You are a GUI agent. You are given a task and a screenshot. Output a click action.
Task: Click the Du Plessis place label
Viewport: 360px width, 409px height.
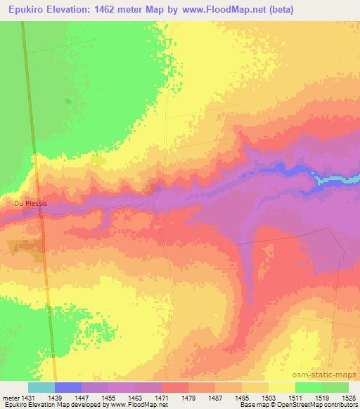point(31,204)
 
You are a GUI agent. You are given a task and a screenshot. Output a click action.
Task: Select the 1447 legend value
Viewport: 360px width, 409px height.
point(82,397)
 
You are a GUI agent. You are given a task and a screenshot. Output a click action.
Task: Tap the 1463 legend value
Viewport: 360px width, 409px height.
point(136,397)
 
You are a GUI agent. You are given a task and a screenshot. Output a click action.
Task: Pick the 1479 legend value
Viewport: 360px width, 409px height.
point(189,397)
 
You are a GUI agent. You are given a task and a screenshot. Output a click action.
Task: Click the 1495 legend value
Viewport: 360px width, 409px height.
point(243,397)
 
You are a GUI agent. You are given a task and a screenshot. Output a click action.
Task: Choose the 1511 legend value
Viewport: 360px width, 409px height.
point(296,397)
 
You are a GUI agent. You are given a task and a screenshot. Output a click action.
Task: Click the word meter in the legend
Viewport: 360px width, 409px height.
point(10,397)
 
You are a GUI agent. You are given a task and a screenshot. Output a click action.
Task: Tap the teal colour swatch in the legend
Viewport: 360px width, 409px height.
point(41,387)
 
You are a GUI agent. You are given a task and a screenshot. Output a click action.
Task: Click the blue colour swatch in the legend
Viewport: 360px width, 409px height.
point(68,387)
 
